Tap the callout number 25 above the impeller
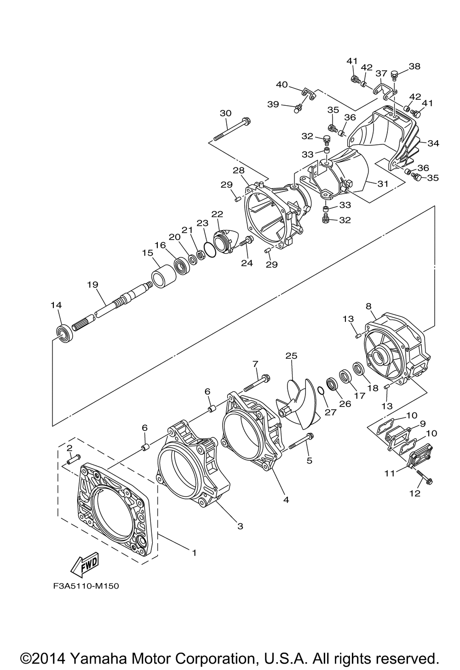click(291, 355)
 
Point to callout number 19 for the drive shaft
click(93, 285)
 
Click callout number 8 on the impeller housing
click(368, 305)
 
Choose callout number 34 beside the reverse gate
click(433, 143)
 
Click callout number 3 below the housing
click(240, 526)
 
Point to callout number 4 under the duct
click(286, 499)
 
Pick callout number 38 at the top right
click(414, 66)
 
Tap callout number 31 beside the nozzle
click(383, 183)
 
